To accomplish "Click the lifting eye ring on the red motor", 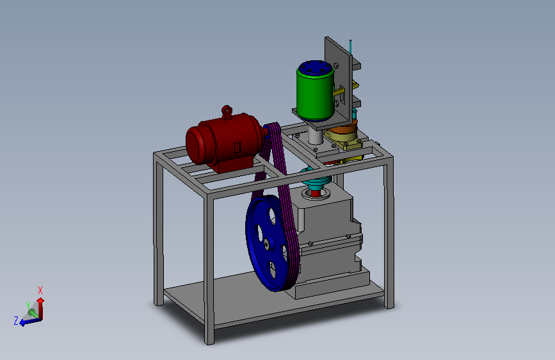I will coord(227,110).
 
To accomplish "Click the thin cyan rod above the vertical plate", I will coord(351,47).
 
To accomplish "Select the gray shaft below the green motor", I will coord(316,135).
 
